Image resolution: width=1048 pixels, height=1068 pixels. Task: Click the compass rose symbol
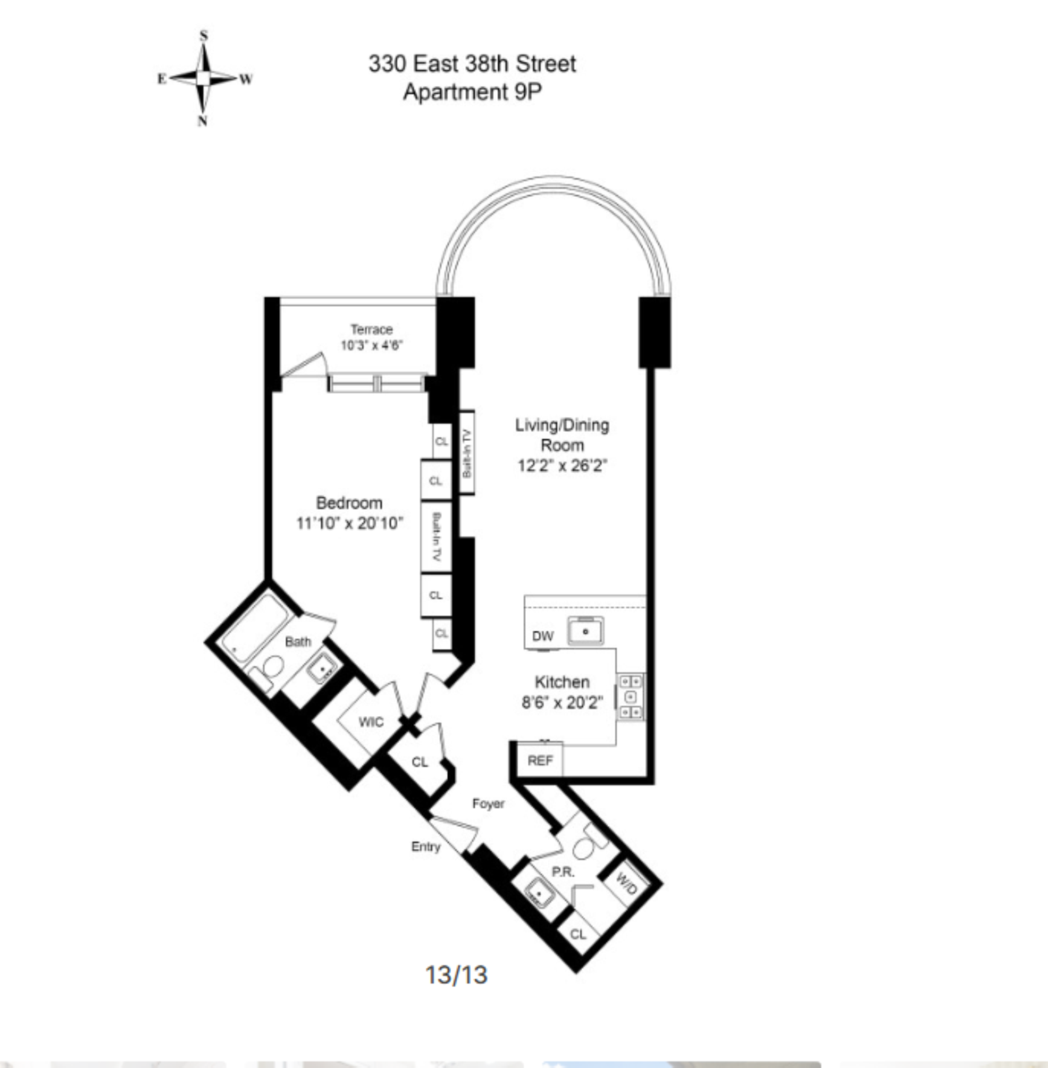(203, 79)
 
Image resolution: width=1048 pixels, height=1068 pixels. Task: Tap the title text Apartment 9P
(472, 92)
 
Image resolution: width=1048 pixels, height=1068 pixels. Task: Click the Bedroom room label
(349, 503)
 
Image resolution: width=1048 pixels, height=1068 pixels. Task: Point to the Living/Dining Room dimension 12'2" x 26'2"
(562, 466)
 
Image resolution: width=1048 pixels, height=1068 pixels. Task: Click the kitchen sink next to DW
(586, 631)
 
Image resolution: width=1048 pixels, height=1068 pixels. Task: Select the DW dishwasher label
(543, 637)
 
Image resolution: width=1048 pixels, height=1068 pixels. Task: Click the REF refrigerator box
(540, 761)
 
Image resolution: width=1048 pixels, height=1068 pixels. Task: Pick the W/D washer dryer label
(626, 884)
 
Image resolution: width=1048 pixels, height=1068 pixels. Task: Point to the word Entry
(426, 847)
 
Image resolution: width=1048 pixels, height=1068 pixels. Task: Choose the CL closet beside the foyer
(420, 762)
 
